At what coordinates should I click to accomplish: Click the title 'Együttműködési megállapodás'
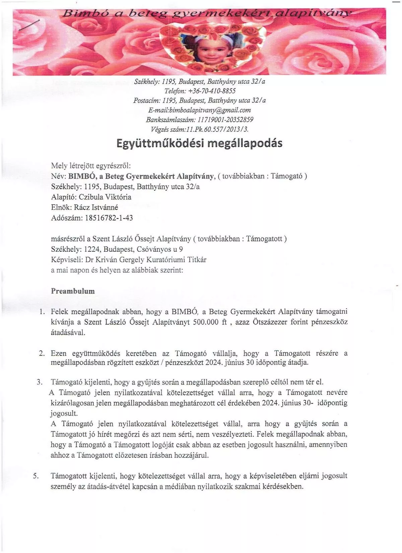tap(199, 143)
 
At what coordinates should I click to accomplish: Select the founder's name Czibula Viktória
tap(105, 197)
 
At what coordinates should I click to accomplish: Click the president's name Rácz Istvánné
tap(96, 207)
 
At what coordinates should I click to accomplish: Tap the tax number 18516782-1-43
tap(109, 218)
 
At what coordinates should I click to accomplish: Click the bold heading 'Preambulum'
tap(73, 291)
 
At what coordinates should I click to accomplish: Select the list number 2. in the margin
tap(42, 353)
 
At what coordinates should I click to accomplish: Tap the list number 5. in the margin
tap(36, 476)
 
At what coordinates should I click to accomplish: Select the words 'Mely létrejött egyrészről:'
tap(91, 166)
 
